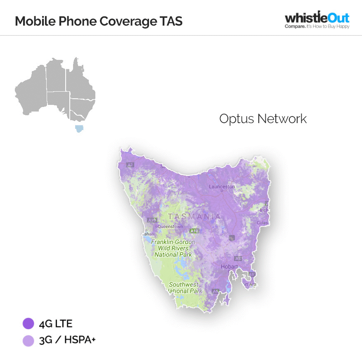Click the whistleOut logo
click(317, 18)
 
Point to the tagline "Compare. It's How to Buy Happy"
click(317, 26)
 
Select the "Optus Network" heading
click(263, 119)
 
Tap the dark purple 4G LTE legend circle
click(28, 323)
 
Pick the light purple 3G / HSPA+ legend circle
click(28, 340)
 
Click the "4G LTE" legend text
click(55, 323)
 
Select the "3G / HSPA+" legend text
click(67, 340)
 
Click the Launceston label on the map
click(222, 187)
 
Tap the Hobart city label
click(229, 267)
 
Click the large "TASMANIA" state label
click(194, 216)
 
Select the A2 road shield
click(130, 165)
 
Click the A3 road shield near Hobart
click(237, 259)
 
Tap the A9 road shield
click(251, 274)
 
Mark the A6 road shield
click(215, 291)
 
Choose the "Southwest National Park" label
click(184, 287)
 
